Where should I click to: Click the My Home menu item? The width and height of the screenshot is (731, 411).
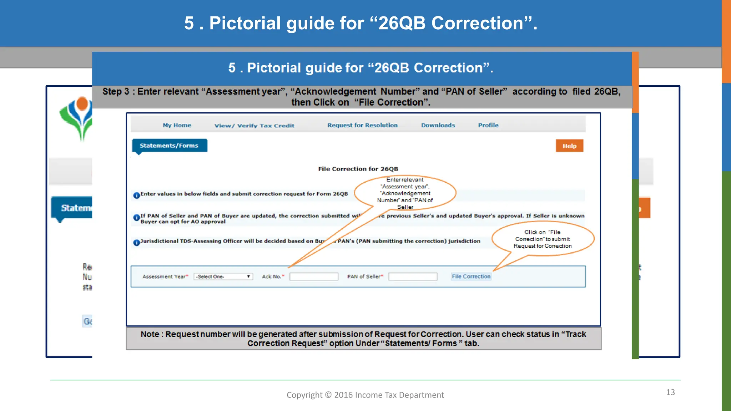pos(177,125)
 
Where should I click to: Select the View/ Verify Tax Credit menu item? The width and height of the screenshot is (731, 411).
pos(254,126)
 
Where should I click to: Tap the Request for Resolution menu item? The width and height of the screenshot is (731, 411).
pos(362,125)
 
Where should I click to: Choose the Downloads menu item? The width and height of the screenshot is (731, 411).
pos(438,125)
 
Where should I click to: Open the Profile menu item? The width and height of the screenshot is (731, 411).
pos(488,125)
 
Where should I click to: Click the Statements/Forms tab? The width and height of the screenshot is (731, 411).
pos(169,146)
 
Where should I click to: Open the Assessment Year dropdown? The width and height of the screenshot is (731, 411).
pos(223,276)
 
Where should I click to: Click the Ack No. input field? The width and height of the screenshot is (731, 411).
pos(314,276)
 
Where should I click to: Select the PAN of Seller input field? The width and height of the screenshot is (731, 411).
pos(413,276)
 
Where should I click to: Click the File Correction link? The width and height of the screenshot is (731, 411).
pos(471,276)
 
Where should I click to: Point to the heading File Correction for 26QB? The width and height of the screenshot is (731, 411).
pos(358,169)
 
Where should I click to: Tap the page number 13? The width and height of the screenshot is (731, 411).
pos(670,392)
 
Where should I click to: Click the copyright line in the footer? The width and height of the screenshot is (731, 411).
pos(365,395)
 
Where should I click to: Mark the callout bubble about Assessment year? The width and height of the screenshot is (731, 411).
pos(405,193)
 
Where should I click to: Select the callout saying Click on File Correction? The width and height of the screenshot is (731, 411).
pos(543,239)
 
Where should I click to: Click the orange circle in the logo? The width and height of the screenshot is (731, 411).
pos(82,103)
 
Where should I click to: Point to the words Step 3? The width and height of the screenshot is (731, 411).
pos(116,92)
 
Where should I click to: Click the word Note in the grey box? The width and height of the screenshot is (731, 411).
pos(150,334)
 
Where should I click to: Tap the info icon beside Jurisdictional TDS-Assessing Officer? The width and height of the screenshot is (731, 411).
pos(136,243)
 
